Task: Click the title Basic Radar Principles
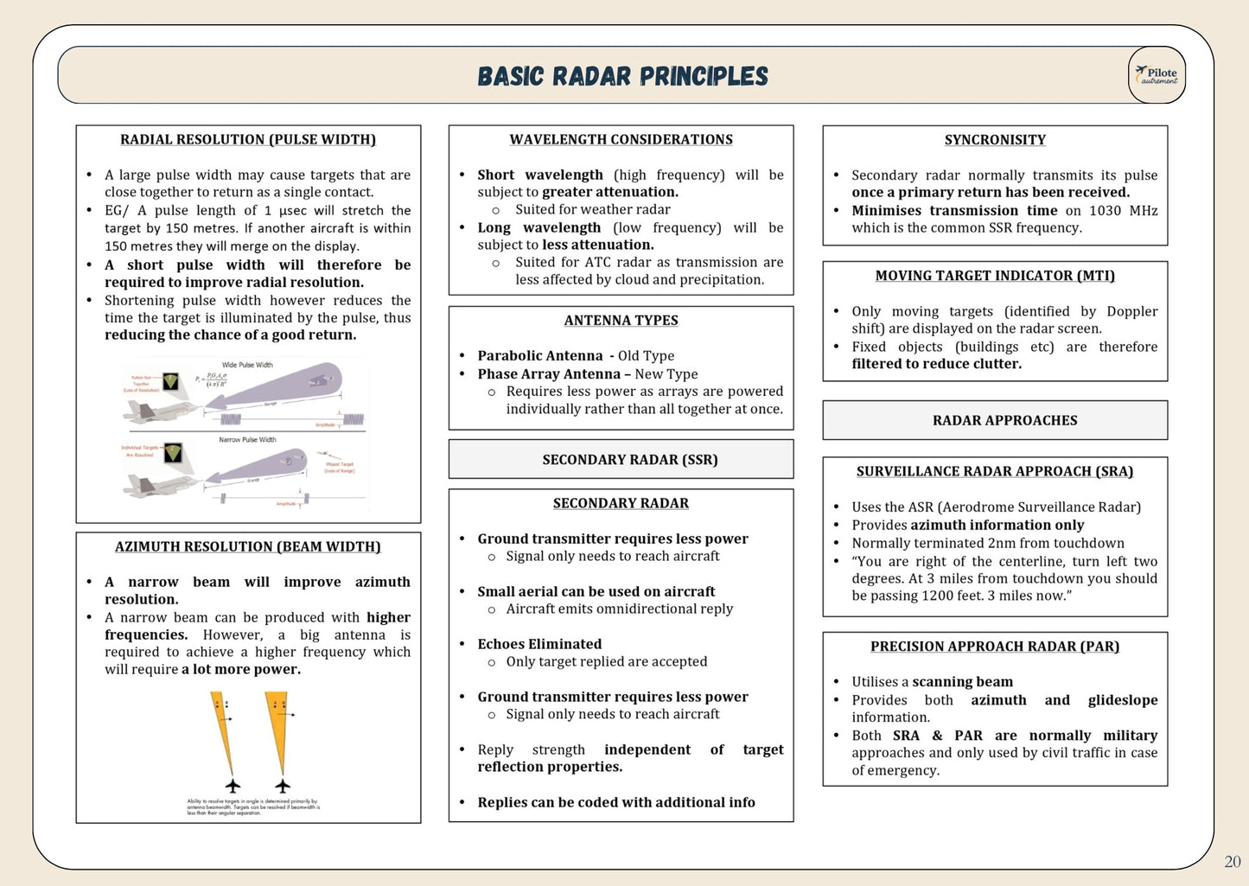click(x=622, y=76)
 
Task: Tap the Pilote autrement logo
click(x=1157, y=75)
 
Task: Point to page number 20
click(x=1233, y=861)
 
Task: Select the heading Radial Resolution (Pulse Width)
click(x=248, y=140)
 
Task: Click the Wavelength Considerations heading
click(x=621, y=140)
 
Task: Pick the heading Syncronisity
click(x=995, y=140)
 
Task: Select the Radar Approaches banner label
click(x=1004, y=421)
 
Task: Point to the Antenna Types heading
click(x=621, y=321)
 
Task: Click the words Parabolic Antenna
click(x=540, y=356)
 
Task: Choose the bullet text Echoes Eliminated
click(x=539, y=644)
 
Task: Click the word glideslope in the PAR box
click(x=1122, y=700)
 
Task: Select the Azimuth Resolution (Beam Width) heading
click(x=248, y=547)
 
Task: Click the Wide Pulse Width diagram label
click(x=247, y=365)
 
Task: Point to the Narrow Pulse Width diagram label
click(x=247, y=440)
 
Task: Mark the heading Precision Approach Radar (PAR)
click(x=995, y=647)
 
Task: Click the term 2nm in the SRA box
click(x=1000, y=544)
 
